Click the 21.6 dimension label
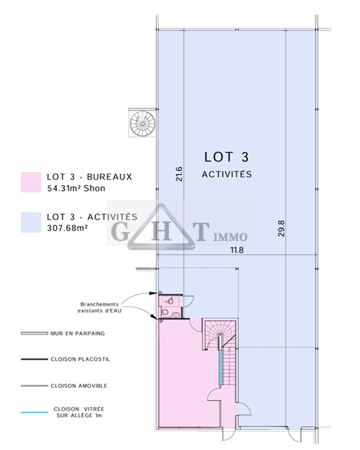179,174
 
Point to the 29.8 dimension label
282,228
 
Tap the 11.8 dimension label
237,250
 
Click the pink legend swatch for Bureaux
31,182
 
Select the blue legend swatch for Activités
31,222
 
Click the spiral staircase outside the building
142,124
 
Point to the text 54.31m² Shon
76,188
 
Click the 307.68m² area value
68,228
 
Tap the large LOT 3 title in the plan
226,157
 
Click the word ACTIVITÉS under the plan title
226,174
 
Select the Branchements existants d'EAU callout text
100,307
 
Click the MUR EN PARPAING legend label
78,333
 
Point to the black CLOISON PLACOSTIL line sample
35,359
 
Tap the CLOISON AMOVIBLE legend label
79,385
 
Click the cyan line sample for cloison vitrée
35,412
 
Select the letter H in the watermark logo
161,231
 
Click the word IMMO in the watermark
230,237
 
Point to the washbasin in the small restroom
170,301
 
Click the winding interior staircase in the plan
221,353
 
